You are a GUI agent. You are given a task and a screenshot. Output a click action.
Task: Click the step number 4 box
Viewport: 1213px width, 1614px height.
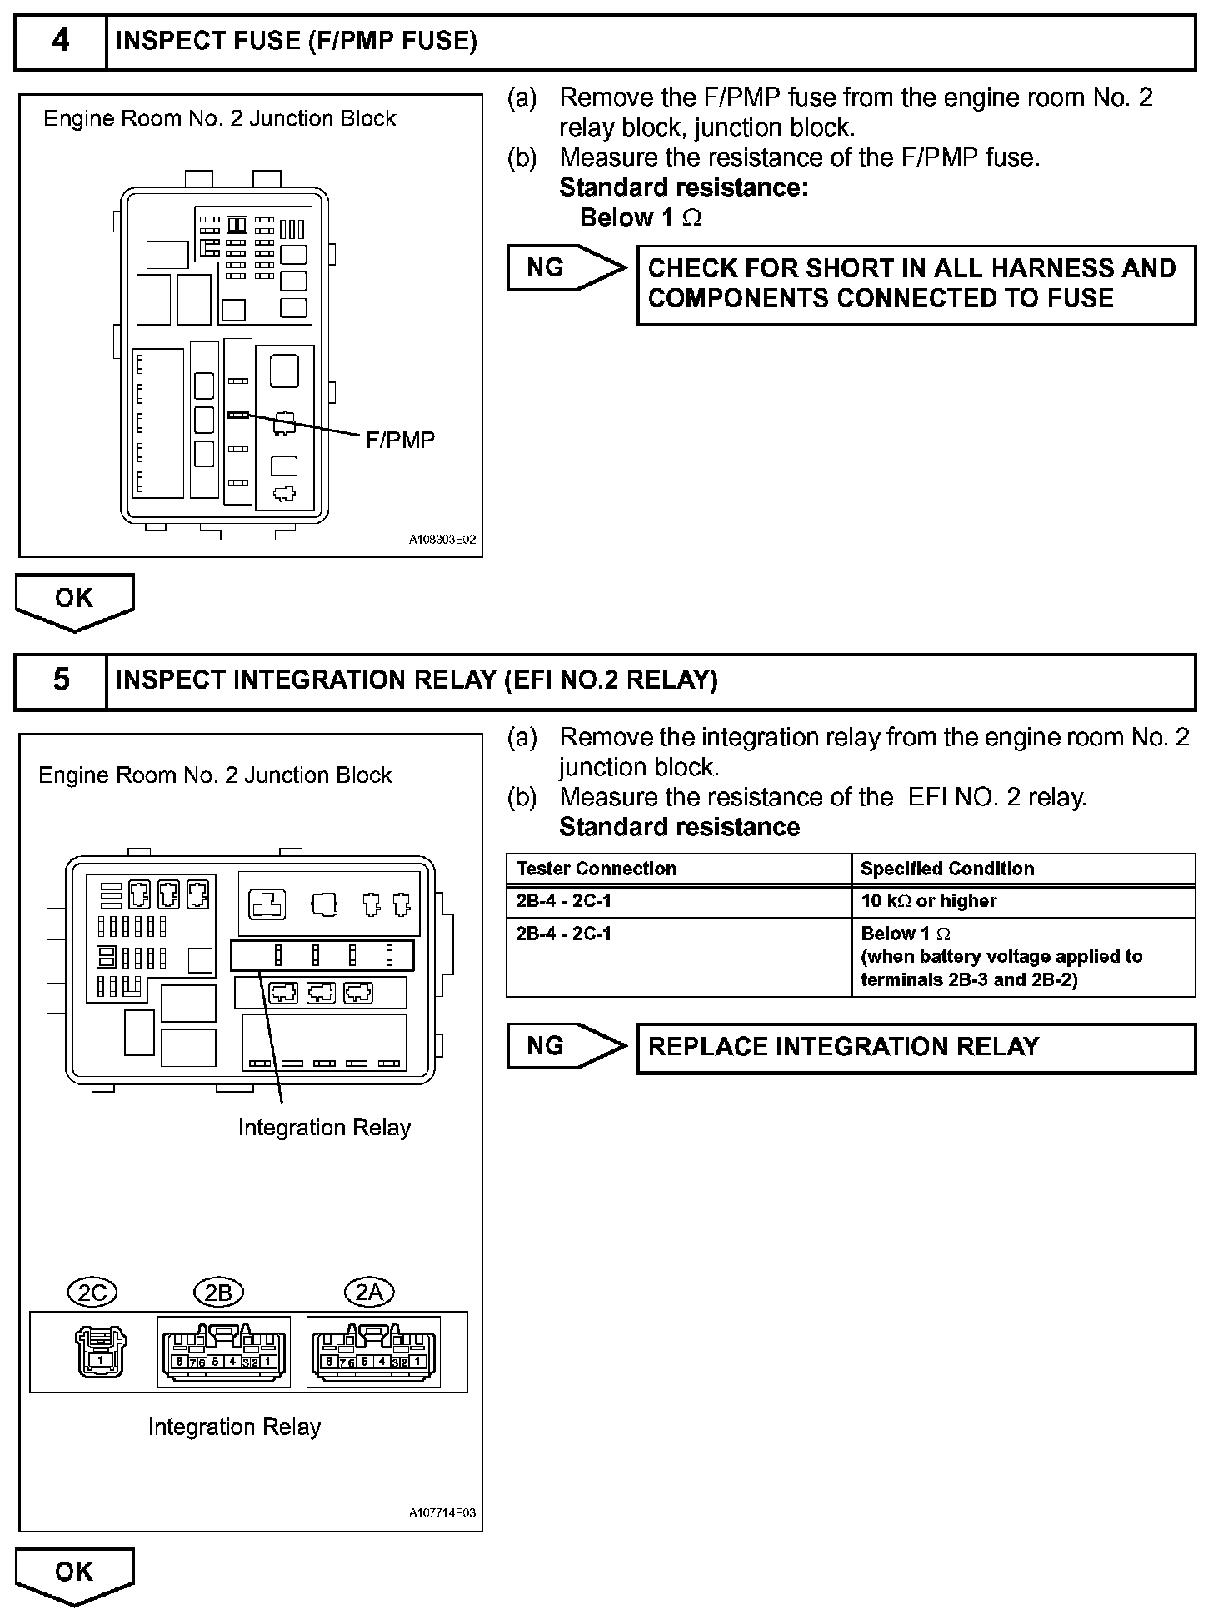61,41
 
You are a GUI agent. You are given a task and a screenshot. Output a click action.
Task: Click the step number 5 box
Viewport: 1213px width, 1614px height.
61,680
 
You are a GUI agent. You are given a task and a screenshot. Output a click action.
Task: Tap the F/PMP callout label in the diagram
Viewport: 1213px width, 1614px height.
400,441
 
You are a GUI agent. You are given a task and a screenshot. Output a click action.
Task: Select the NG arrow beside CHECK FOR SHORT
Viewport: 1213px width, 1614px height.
565,268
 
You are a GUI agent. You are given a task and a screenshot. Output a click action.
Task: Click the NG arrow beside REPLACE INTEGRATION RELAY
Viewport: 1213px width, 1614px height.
565,1046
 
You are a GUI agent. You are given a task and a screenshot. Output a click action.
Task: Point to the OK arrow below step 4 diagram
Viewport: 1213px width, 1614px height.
74,600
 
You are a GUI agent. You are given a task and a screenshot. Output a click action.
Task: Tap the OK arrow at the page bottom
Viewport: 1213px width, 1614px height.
74,1574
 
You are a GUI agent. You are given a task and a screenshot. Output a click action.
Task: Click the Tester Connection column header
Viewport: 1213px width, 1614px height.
597,869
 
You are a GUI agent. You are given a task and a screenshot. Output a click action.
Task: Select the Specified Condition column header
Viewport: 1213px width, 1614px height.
947,869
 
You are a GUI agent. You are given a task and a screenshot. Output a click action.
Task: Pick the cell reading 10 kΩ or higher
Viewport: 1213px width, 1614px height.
928,901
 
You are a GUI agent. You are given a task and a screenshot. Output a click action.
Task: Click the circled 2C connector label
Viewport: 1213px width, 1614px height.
92,1292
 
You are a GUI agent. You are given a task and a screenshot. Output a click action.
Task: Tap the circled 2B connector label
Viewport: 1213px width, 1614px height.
218,1292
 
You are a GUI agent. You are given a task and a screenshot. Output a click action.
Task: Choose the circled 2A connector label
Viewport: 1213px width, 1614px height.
369,1292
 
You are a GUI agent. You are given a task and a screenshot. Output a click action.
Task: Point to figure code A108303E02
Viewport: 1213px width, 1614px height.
442,540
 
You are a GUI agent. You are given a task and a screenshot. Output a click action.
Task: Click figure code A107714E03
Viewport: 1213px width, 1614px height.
442,1512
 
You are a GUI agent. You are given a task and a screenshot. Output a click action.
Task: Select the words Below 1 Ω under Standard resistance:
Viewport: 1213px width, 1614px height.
641,218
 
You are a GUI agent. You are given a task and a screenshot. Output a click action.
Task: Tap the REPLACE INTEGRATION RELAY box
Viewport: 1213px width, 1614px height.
916,1047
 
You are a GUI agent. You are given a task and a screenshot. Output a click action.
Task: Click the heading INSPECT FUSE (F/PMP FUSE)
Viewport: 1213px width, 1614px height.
297,41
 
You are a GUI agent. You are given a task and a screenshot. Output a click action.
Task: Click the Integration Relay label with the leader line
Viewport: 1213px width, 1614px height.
324,1128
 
